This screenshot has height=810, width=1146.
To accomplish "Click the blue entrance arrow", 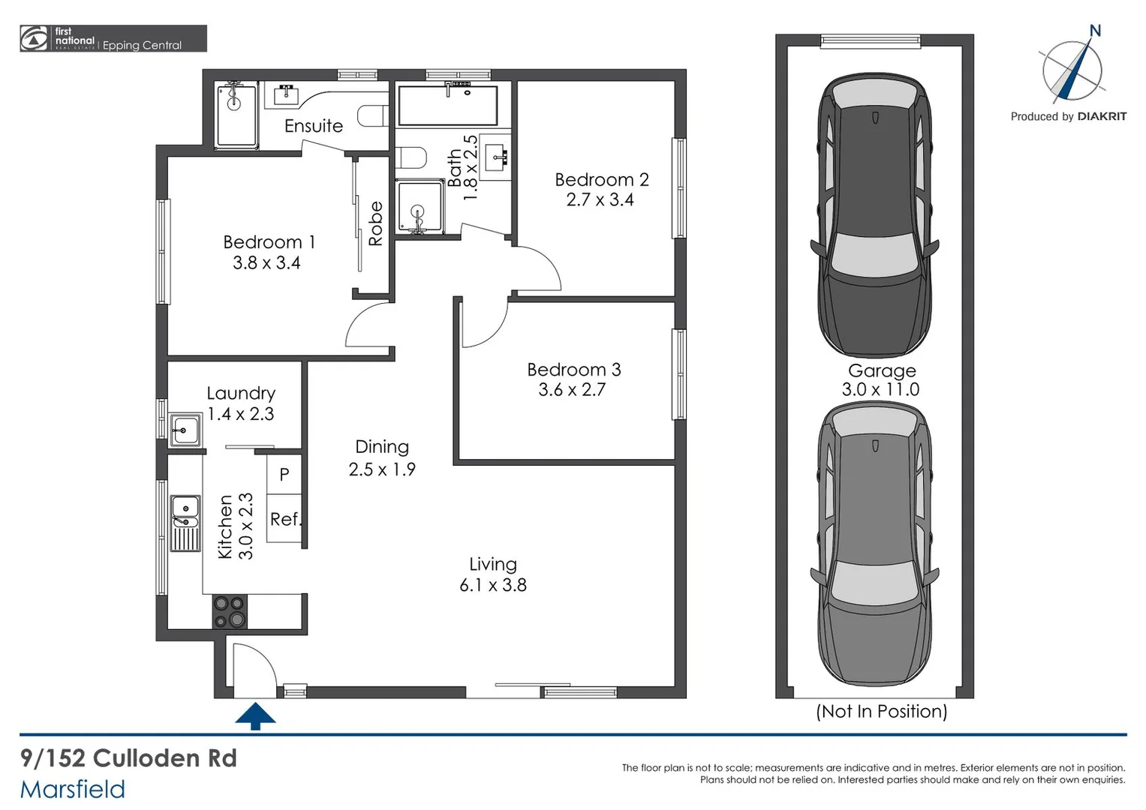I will coord(255,715).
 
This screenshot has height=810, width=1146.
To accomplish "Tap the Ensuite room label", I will coord(313,126).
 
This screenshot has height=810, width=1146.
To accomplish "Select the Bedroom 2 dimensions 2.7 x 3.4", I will coord(600,200).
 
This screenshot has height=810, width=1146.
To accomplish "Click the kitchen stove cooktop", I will coord(230,611).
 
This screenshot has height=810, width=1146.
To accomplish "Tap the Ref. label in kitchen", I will coord(285,519).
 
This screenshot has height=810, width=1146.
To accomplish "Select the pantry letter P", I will coord(284,474).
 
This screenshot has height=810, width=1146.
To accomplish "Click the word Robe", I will coord(375,223).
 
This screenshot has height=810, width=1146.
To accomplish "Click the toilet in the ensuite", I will coord(373,116).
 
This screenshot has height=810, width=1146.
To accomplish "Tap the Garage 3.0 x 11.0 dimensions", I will coord(880,389).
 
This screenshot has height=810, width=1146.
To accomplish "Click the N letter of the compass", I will coord(1095,31).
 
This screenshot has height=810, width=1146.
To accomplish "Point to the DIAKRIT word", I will coord(1102,116).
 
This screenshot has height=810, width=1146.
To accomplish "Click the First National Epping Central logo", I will coord(113,39).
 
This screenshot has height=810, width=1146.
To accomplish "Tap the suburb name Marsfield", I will coord(73,789).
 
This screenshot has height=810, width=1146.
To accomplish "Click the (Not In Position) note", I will coord(881,711).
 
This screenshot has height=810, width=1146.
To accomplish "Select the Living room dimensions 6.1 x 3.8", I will coord(493,585).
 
